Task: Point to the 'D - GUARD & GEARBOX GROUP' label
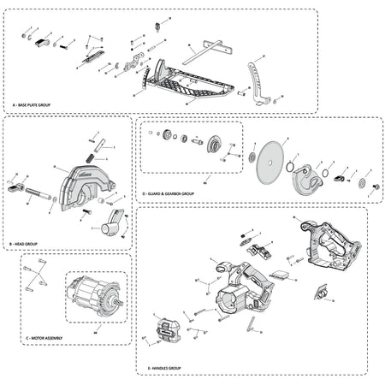[169, 194]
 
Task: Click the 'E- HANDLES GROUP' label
[158, 368]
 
